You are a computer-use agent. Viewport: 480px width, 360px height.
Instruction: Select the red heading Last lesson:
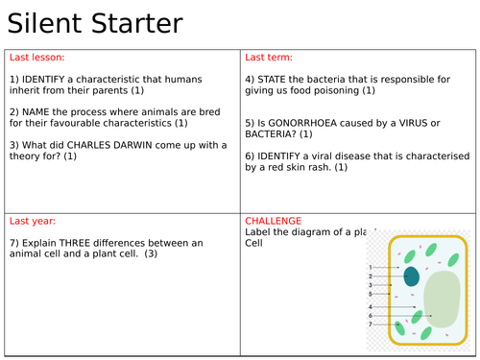coord(35,58)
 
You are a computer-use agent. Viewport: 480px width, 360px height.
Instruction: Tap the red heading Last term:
coord(268,58)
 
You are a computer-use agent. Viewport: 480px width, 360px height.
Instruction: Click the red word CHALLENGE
coord(274,221)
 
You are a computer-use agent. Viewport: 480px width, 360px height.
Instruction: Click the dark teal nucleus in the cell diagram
coord(411,276)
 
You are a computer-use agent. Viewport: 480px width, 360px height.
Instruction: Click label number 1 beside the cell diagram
coord(371,267)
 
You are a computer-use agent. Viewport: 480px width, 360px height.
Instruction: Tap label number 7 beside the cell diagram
coord(371,324)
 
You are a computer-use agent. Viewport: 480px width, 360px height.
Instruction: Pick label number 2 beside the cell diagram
coord(371,276)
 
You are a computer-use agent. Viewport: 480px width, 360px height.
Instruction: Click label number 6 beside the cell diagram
coord(371,316)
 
